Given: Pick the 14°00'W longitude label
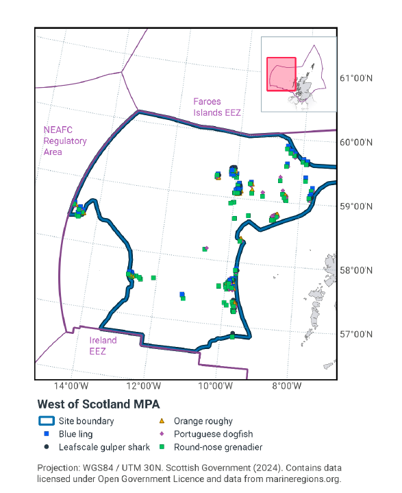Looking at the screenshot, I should coord(73,387).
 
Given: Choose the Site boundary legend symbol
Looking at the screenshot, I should coord(47,421).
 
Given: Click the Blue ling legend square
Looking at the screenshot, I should coord(47,434).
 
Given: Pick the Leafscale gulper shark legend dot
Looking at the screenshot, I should coord(47,447).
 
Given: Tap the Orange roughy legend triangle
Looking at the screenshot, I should coord(162,421).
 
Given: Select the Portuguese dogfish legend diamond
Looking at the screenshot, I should coord(162,434).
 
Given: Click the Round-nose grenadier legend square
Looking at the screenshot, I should coord(162,447).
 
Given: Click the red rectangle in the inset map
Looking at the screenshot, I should coord(281,74).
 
